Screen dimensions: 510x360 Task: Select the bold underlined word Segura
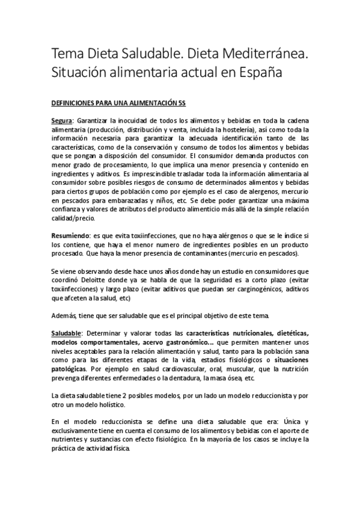click(63, 120)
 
